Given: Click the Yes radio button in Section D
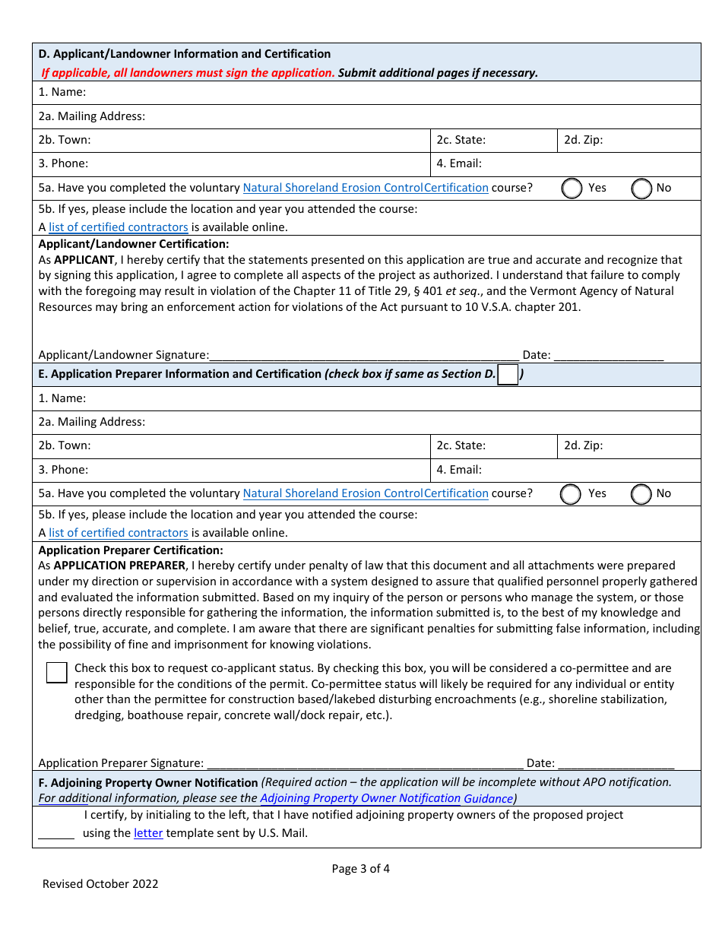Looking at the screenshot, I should (572, 189).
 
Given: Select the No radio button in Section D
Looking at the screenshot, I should (641, 189).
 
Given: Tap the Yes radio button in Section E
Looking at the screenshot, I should (571, 494).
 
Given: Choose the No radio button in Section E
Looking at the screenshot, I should (641, 494).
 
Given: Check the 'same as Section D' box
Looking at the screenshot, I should (508, 375).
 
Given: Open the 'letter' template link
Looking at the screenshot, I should (148, 833).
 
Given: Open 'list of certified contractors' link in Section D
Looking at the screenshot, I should (118, 227).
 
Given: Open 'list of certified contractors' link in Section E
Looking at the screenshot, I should (118, 533).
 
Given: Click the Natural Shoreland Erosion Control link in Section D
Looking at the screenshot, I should (365, 188).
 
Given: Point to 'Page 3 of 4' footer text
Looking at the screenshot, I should (361, 869).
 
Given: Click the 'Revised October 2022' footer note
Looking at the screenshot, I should (100, 883).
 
